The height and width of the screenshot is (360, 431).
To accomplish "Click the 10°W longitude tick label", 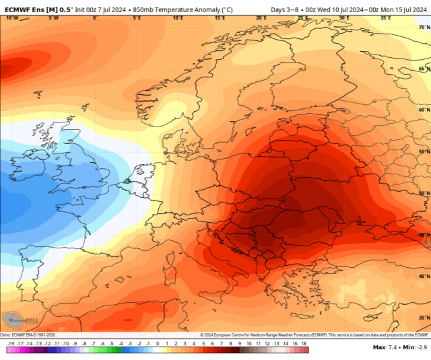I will tap(11, 18).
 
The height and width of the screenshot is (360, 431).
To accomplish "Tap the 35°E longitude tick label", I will tap(385, 18).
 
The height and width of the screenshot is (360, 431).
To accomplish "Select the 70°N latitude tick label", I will tap(424, 27).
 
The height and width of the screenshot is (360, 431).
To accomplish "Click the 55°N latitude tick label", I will tap(424, 152).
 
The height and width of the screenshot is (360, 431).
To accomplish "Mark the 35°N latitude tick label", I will tap(424, 318).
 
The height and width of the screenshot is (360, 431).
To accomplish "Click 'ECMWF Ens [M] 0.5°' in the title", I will tap(37, 9).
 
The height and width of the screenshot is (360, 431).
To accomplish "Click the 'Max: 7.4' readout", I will tap(383, 347).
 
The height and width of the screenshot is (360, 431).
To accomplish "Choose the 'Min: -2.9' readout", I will tap(411, 347).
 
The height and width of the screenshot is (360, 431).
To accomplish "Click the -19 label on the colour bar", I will tap(11, 343).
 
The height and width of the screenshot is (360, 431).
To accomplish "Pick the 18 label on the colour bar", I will tap(304, 343).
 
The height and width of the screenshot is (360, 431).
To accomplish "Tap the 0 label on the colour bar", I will tap(157, 343).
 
